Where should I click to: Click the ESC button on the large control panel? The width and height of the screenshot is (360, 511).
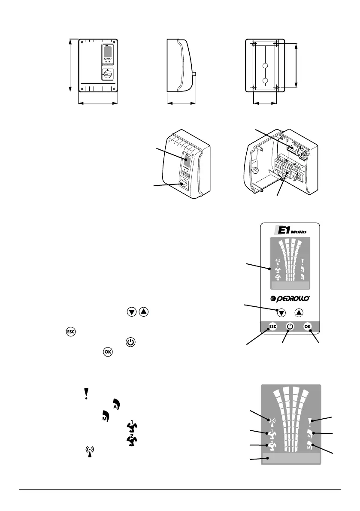[273, 327]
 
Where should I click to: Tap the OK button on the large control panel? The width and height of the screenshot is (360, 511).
[307, 327]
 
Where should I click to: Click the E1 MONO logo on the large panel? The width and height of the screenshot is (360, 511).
[290, 231]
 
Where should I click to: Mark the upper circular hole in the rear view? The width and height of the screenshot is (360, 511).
[265, 66]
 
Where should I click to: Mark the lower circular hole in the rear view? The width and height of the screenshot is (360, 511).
[265, 81]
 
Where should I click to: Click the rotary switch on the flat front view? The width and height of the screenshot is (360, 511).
[107, 74]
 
